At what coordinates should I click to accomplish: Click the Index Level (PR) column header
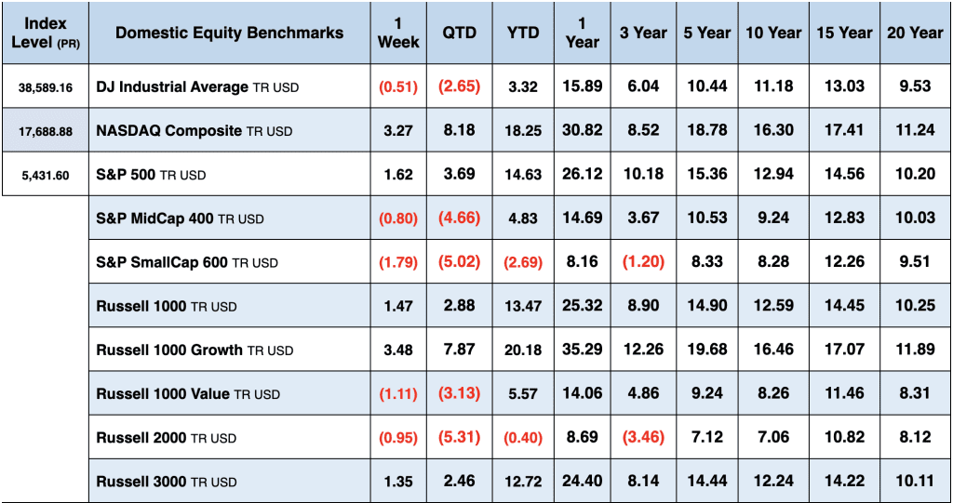(45, 33)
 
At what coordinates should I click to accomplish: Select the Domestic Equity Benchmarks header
(229, 33)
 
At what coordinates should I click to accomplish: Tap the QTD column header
(459, 33)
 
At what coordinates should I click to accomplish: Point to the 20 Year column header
(914, 33)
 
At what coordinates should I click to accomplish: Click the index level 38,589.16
(45, 87)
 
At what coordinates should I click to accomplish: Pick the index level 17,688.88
(45, 131)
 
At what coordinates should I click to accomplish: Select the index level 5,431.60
(45, 175)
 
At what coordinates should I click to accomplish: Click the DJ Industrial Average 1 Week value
(397, 87)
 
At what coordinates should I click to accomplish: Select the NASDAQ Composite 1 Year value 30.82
(582, 130)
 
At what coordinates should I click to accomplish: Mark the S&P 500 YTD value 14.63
(523, 175)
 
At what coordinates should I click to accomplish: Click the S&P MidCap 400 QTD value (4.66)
(459, 218)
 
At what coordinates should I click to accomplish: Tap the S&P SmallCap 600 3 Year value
(643, 262)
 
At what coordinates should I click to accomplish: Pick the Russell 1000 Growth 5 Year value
(707, 350)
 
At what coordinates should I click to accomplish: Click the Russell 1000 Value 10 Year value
(772, 393)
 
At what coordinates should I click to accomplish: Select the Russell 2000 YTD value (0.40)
(523, 438)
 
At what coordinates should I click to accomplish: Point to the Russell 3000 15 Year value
(843, 482)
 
